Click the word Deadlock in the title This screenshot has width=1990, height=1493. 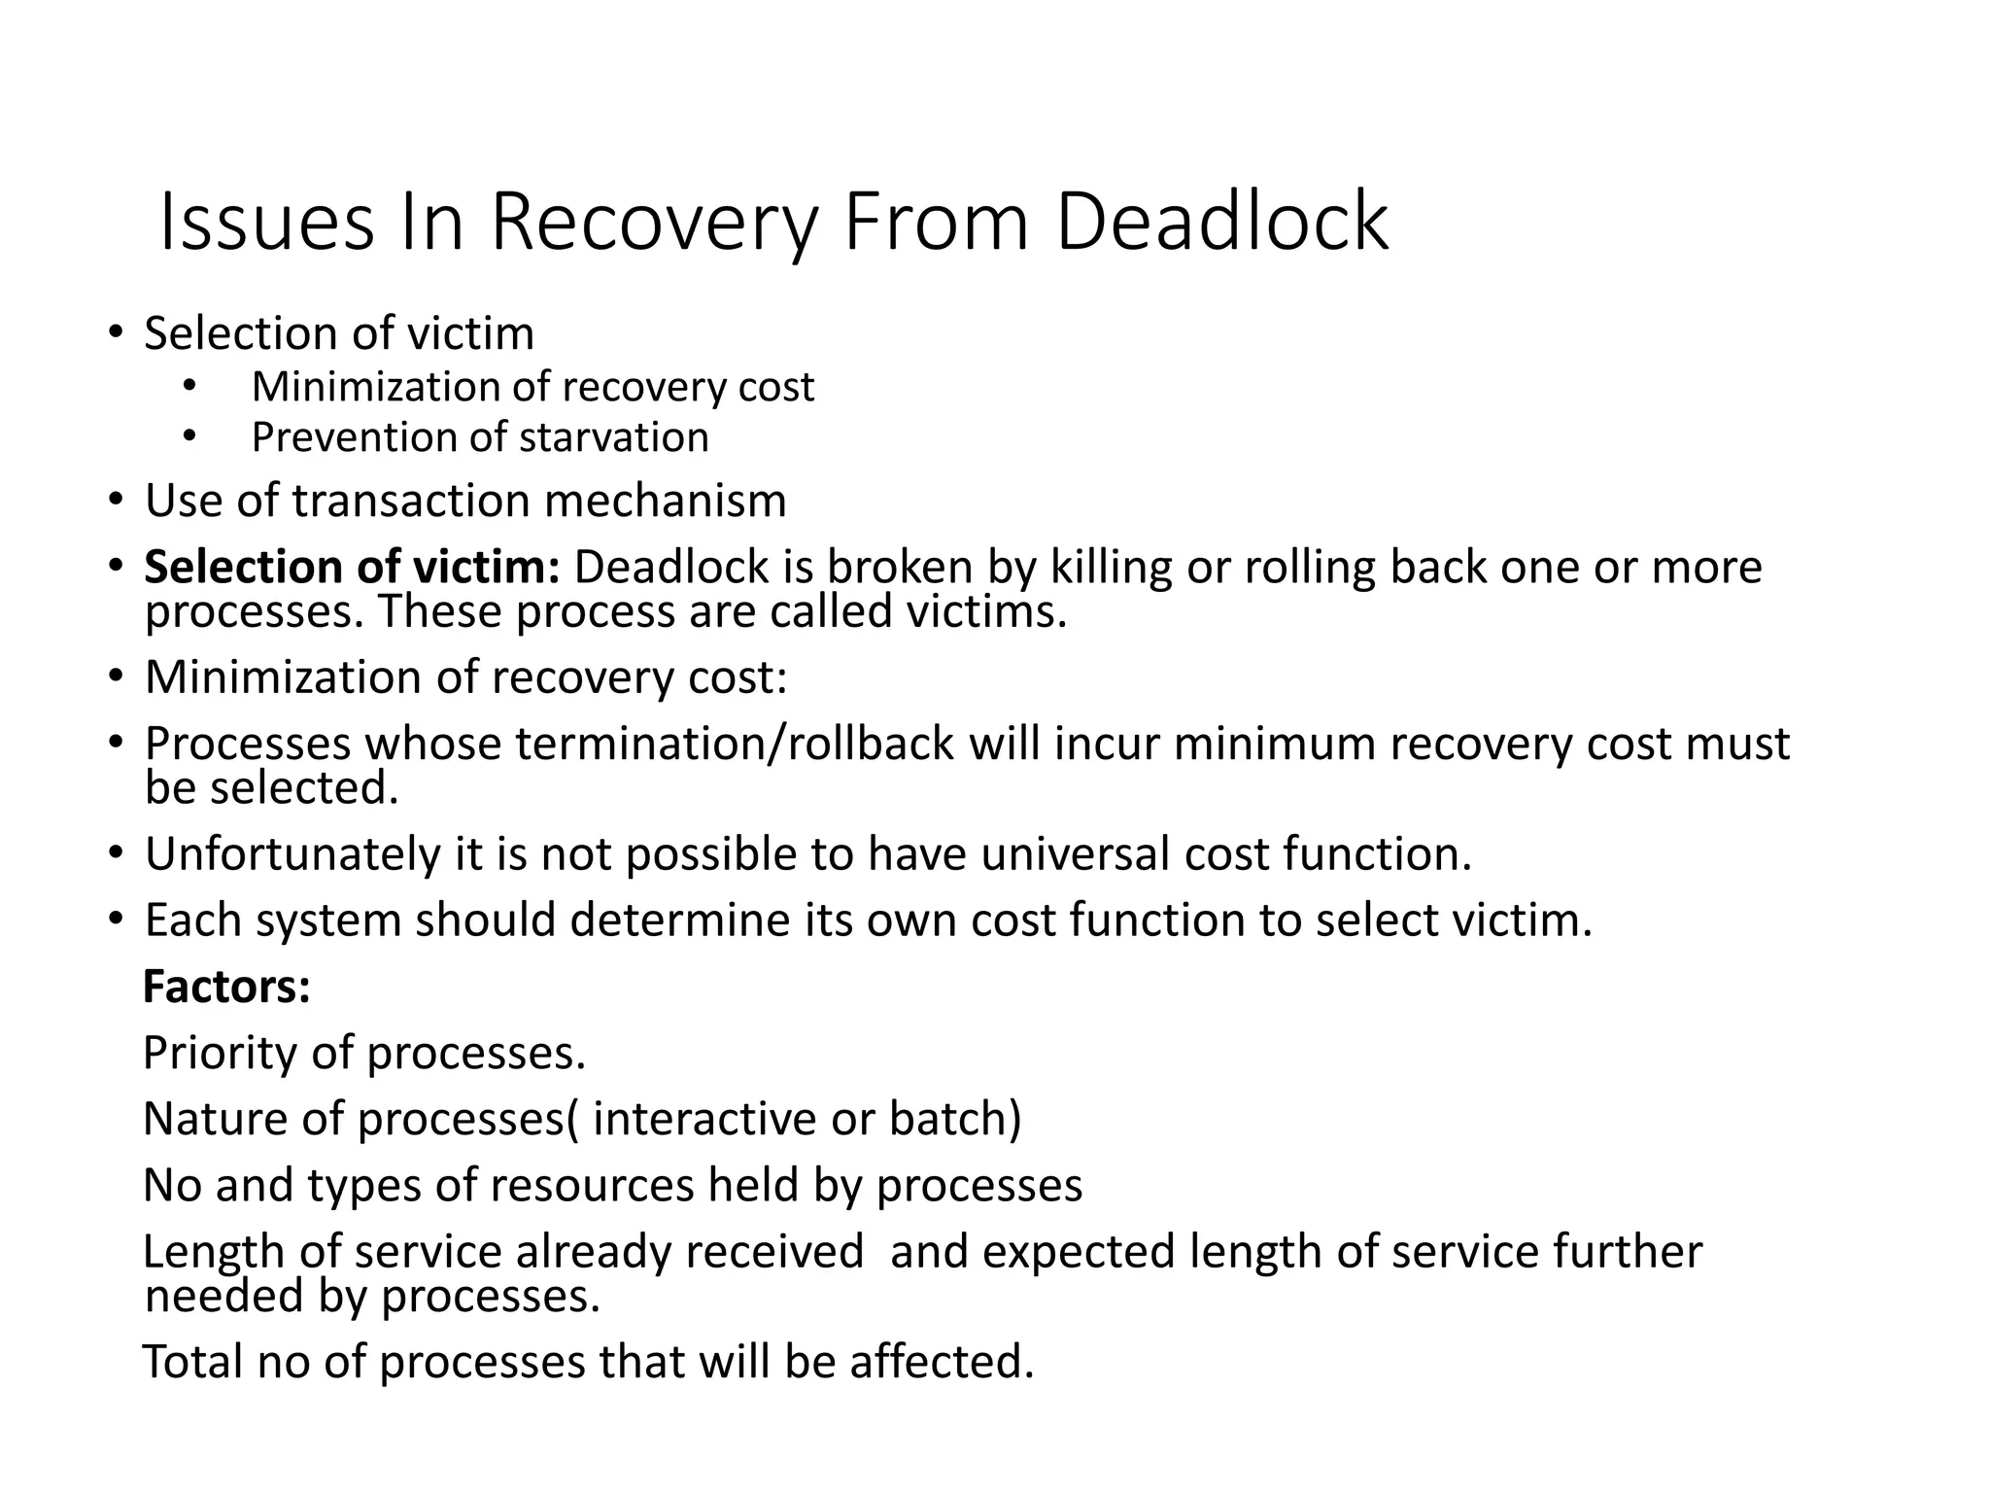coord(1221,223)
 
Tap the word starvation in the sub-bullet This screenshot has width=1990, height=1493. coord(613,437)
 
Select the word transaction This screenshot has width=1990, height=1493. coord(410,502)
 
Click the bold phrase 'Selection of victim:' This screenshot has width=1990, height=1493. coord(352,568)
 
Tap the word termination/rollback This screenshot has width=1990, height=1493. coord(736,744)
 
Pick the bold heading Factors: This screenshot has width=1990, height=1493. coord(226,987)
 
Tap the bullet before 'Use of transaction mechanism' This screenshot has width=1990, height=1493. coord(117,502)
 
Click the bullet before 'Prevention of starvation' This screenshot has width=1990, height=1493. coord(189,437)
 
